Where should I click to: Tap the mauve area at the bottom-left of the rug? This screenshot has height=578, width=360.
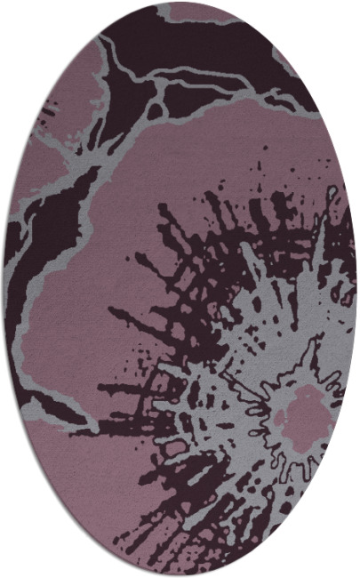89,480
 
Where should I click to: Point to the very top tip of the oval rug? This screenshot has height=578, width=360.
180,3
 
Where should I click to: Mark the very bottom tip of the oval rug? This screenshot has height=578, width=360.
180,575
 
